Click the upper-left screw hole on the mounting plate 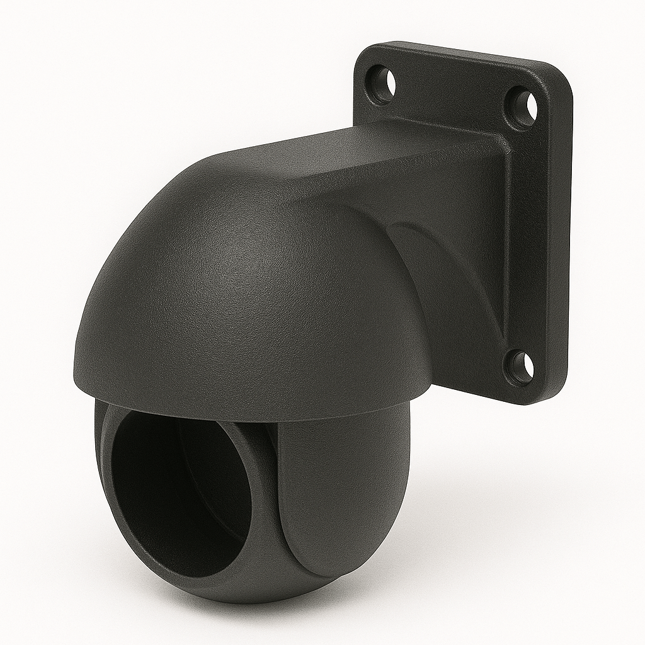pyautogui.click(x=382, y=84)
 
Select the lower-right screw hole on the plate pyautogui.click(x=520, y=367)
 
